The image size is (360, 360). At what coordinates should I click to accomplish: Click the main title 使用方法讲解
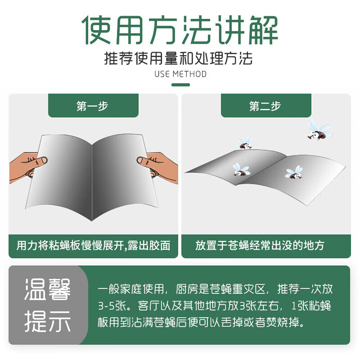pyautogui.click(x=180, y=31)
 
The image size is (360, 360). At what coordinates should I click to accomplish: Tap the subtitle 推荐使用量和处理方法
pyautogui.click(x=180, y=59)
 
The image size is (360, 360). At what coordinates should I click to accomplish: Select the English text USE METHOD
pyautogui.click(x=180, y=74)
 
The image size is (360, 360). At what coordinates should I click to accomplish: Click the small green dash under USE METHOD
pyautogui.click(x=180, y=85)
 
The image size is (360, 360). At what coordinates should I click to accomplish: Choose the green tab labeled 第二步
pyautogui.click(x=265, y=106)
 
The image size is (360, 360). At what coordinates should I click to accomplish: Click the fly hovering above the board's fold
pyautogui.click(x=245, y=144)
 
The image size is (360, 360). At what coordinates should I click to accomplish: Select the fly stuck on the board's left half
pyautogui.click(x=240, y=169)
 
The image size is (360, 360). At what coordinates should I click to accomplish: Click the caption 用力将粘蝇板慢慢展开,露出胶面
pyautogui.click(x=94, y=245)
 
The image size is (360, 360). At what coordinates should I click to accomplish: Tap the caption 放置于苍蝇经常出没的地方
pyautogui.click(x=260, y=245)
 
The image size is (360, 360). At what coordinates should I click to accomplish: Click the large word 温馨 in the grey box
pyautogui.click(x=47, y=290)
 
